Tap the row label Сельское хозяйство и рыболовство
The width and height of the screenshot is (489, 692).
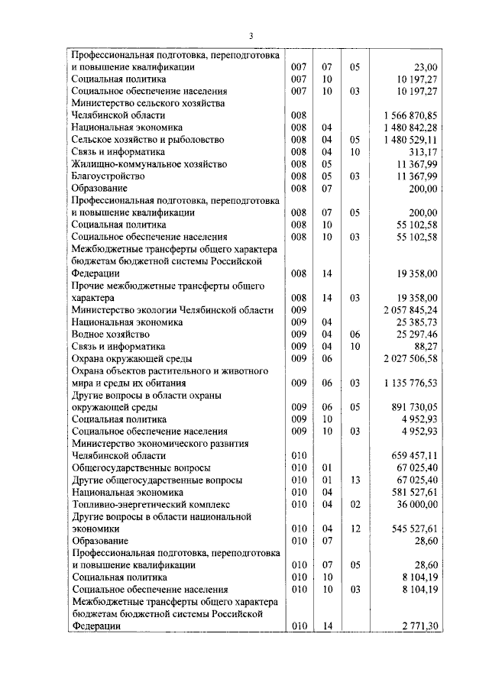(147, 140)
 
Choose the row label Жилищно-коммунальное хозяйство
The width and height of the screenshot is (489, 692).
(147, 163)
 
